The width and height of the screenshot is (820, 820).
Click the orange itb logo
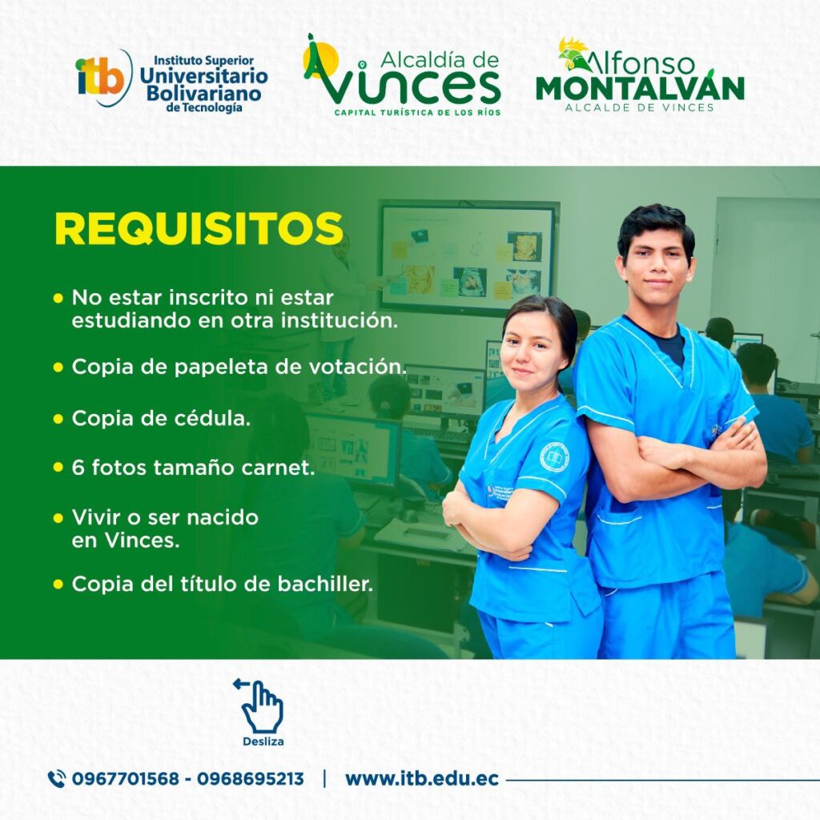pyautogui.click(x=102, y=78)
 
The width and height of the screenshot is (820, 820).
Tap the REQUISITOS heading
pyautogui.click(x=199, y=228)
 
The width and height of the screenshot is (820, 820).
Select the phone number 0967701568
pyautogui.click(x=125, y=778)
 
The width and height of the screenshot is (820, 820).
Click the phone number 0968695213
pyautogui.click(x=250, y=778)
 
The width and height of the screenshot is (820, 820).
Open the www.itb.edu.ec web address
pyautogui.click(x=422, y=778)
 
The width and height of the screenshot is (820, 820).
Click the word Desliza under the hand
pyautogui.click(x=263, y=742)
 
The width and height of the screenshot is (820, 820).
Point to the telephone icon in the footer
pyautogui.click(x=57, y=779)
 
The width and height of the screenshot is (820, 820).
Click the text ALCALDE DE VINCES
pyautogui.click(x=639, y=107)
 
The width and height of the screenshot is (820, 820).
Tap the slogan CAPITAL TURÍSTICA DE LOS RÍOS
pyautogui.click(x=417, y=112)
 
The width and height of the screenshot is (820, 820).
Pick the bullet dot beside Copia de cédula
pyautogui.click(x=58, y=419)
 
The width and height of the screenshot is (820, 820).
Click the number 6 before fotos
pyautogui.click(x=78, y=468)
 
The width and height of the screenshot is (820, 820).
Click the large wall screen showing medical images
pyautogui.click(x=468, y=257)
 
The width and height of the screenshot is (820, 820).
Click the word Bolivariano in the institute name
pyautogui.click(x=203, y=93)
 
